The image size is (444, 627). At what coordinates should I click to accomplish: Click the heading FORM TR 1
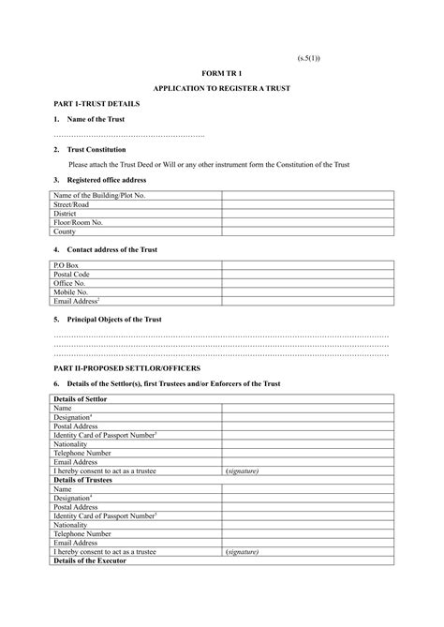(221, 72)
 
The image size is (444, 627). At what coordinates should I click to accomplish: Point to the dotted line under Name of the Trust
(128, 136)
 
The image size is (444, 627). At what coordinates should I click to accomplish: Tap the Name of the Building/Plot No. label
(99, 195)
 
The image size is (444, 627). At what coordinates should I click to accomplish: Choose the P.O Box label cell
(67, 265)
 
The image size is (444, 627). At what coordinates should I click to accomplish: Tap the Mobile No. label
(71, 292)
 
